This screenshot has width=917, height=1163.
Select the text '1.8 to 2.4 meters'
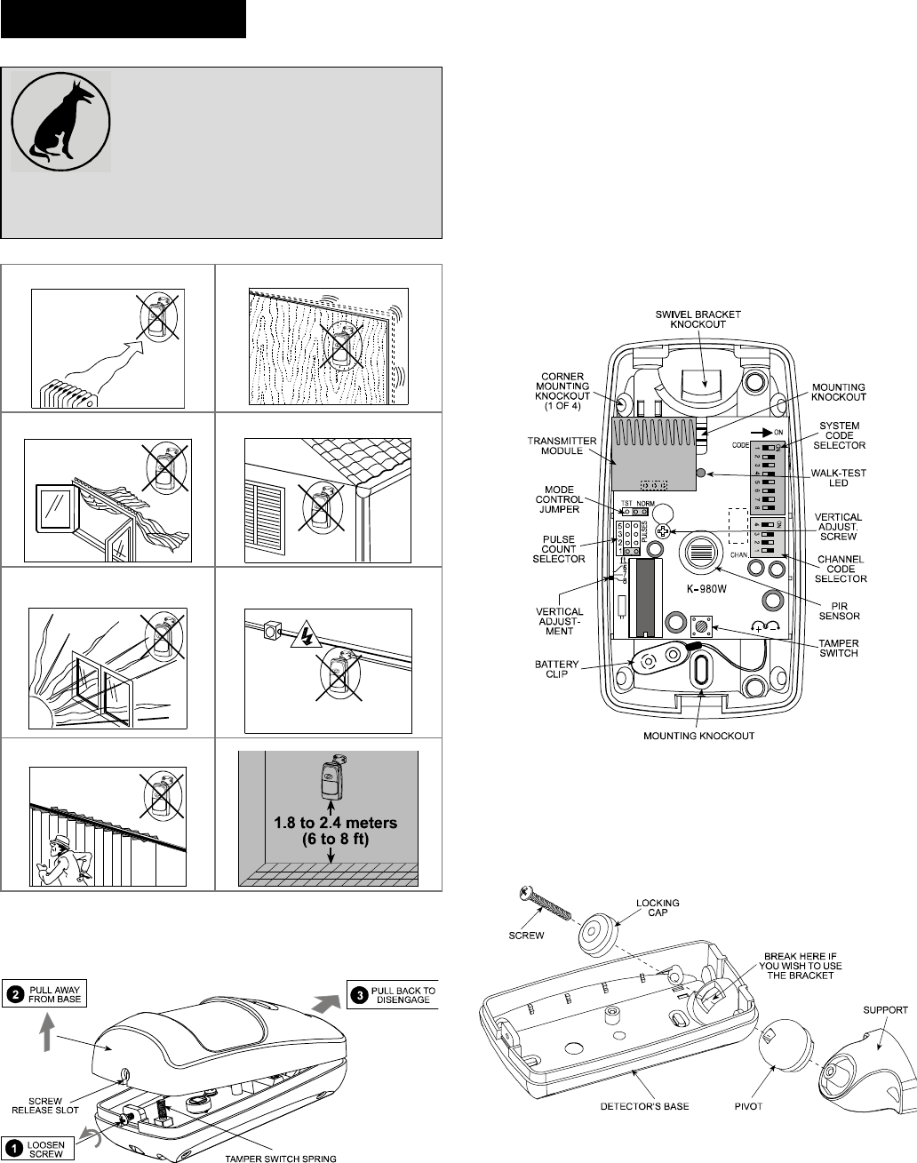(x=329, y=823)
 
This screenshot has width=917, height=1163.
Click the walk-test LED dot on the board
(x=702, y=474)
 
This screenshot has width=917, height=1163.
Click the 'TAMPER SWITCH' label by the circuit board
(x=837, y=649)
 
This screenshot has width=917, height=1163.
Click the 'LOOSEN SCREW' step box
(x=41, y=1147)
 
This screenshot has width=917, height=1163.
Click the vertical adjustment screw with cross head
(x=662, y=530)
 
